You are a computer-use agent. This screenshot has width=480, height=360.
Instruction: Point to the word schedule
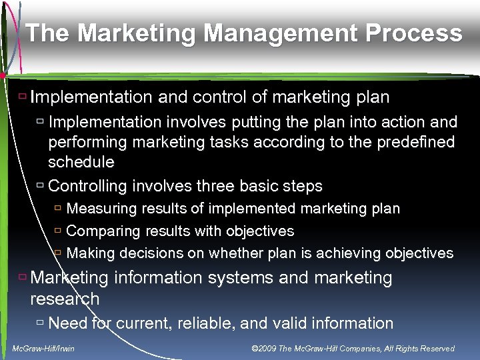[81, 162]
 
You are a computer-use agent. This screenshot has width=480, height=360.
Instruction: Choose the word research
[65, 299]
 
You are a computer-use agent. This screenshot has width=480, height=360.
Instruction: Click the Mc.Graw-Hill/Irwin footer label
[43, 349]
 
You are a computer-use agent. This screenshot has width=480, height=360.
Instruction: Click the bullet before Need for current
[40, 323]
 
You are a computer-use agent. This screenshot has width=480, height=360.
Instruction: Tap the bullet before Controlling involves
[40, 185]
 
